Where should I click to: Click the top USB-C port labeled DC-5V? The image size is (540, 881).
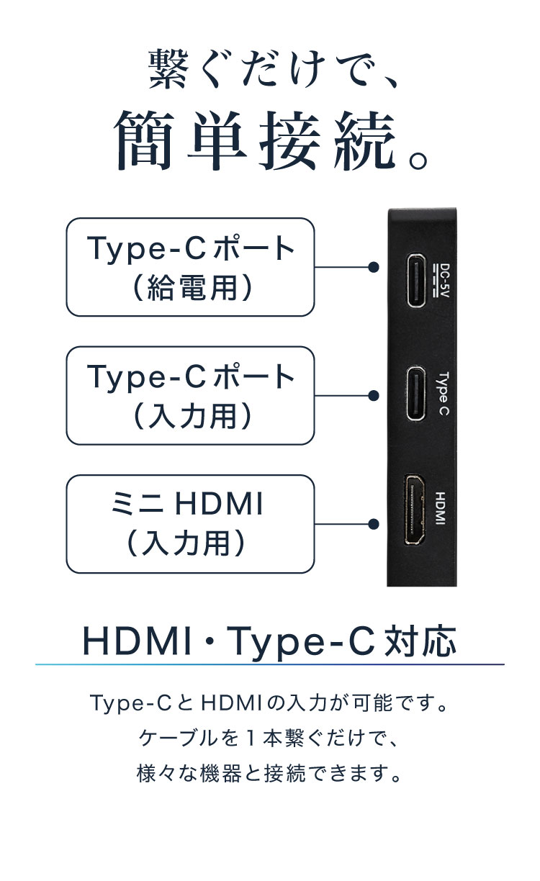coord(415,280)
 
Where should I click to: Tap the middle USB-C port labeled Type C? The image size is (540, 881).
coord(415,394)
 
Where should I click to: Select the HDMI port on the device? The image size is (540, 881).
coord(414,510)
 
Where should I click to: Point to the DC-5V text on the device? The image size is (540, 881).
coord(442,280)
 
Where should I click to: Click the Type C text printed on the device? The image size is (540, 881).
coord(443,394)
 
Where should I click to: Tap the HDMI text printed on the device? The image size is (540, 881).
coord(441,508)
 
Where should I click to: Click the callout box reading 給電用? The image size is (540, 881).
coord(190,267)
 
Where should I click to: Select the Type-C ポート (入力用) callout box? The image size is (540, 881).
coord(190,396)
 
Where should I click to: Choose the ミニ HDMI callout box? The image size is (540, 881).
coord(190,524)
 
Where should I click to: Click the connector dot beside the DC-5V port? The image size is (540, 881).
coord(374,268)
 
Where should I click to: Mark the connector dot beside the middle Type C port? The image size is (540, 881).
coord(374,396)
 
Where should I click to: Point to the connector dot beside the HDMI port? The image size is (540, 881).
coord(374,524)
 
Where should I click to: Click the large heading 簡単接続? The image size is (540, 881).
coord(271,140)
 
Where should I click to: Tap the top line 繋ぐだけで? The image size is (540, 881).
coord(271,69)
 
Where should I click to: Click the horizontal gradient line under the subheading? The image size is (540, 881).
coord(270,664)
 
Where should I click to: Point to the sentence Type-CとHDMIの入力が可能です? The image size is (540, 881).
coord(270,702)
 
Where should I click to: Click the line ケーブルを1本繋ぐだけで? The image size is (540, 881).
coord(270,738)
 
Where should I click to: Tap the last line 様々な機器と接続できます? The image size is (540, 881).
coord(270,773)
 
